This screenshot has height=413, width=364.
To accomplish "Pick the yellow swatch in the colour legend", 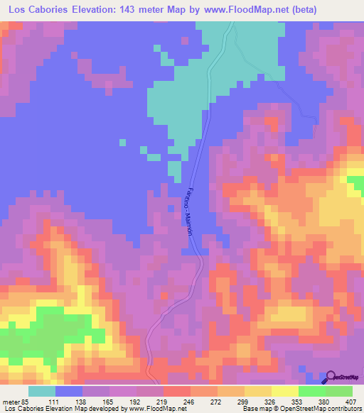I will pyautogui.click(x=284, y=391).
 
